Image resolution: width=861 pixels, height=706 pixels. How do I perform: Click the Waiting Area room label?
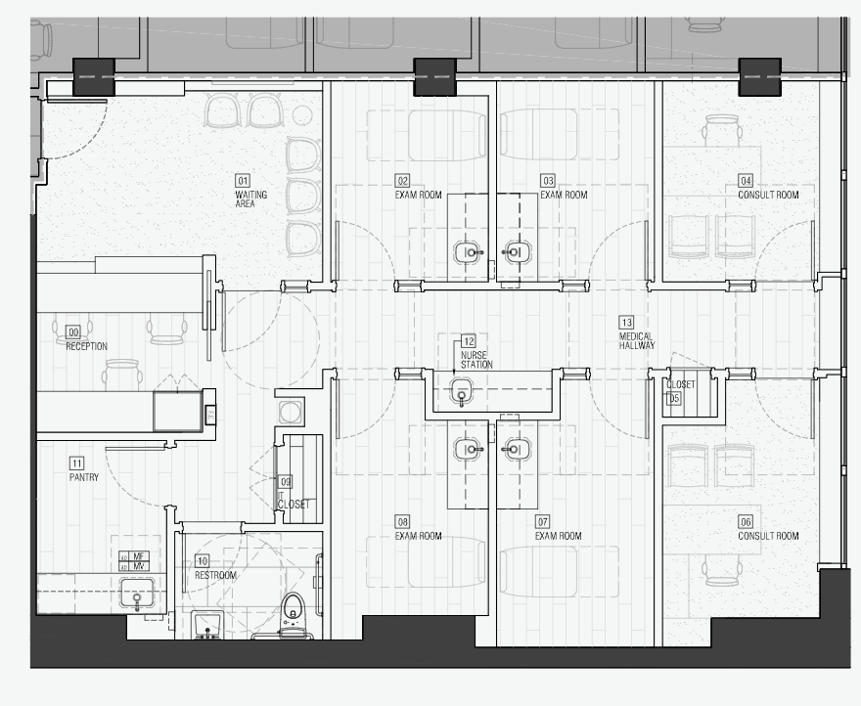click(250, 199)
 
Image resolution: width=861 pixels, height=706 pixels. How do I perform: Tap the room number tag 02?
click(402, 180)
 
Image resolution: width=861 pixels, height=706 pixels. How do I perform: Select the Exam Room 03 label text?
click(564, 195)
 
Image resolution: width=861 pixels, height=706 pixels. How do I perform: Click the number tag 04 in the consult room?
click(746, 181)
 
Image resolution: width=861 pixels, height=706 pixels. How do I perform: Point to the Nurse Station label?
click(476, 359)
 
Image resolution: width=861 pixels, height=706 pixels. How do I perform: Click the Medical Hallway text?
click(636, 341)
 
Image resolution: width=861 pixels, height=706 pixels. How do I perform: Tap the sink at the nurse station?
click(462, 393)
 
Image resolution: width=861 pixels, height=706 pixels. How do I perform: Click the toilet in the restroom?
click(292, 611)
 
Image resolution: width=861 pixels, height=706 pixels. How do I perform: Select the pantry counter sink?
click(138, 594)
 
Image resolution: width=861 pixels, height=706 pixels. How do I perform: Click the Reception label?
click(87, 346)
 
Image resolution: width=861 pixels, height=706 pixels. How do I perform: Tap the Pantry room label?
click(83, 477)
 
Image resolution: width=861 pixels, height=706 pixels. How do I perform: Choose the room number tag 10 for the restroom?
click(202, 561)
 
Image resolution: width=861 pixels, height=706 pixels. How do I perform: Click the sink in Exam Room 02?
click(470, 252)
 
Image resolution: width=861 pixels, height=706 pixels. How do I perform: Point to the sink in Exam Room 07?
click(516, 449)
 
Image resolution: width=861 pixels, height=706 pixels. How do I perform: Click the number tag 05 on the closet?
click(674, 398)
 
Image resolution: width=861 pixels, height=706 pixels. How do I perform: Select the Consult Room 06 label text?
click(768, 536)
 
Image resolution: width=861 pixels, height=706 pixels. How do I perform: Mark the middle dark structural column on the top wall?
click(434, 77)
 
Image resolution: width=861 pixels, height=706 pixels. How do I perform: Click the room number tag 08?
click(402, 521)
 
